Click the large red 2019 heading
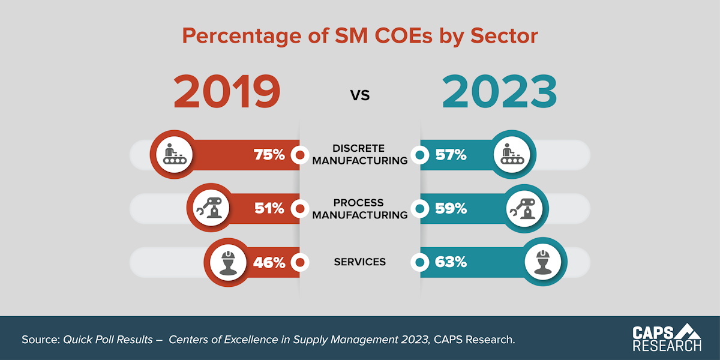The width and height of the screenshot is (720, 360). (x=227, y=92)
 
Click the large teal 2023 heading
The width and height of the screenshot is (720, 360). (x=500, y=92)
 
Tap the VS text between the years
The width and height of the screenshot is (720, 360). (x=360, y=94)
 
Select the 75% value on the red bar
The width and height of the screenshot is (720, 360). (x=269, y=155)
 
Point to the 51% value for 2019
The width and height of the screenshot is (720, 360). (x=269, y=209)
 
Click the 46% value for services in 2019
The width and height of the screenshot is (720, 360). (x=269, y=263)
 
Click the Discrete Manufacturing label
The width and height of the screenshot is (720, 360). (x=359, y=155)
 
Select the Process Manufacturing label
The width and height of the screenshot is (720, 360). (x=359, y=209)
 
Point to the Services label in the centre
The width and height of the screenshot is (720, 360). (x=359, y=262)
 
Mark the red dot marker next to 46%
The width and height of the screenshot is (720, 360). (x=300, y=263)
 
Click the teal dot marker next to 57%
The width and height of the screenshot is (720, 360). (x=421, y=155)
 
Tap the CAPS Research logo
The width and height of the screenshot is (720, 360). (x=667, y=338)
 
